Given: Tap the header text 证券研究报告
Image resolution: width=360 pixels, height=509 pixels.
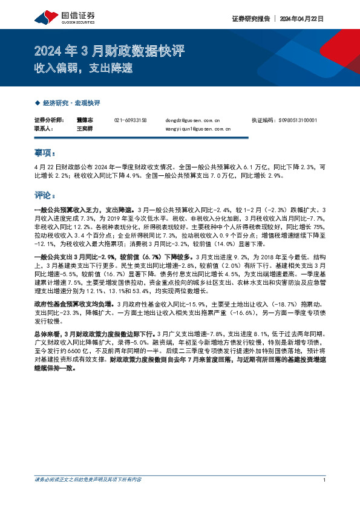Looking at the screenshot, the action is tap(250, 19).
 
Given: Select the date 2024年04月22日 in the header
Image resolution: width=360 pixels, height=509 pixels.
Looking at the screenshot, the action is tap(301, 19).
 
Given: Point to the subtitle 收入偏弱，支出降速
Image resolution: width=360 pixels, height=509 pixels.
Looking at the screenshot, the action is tap(82, 68).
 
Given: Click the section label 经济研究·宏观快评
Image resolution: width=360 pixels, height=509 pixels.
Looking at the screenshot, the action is tap(70, 103).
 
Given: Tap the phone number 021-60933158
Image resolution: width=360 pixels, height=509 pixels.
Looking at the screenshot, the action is tap(130, 120).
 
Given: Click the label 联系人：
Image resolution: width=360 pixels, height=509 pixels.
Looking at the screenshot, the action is tap(44, 129).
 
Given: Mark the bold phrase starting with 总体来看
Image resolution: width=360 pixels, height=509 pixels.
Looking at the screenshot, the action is tap(94, 333).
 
